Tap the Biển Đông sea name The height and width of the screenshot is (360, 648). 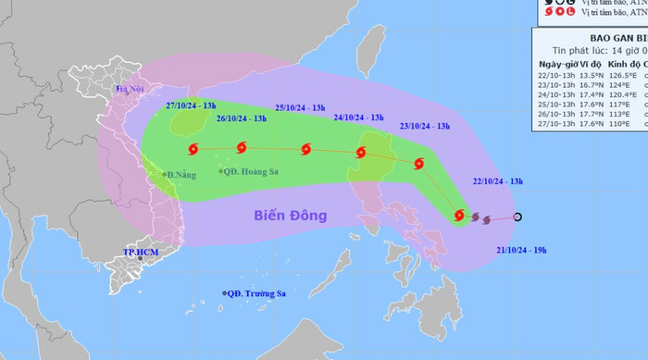pos(291,216)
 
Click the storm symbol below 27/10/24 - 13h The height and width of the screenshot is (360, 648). pos(193,148)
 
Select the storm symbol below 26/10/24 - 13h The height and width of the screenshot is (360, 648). pos(242,146)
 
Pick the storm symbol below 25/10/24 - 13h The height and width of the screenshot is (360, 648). pos(306,149)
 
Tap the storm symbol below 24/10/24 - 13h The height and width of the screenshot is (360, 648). pos(360,153)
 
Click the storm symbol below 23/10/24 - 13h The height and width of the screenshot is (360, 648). pos(419,164)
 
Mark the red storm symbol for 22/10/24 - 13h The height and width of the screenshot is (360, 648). pos(459,216)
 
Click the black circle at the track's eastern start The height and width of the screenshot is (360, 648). pos(517,217)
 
